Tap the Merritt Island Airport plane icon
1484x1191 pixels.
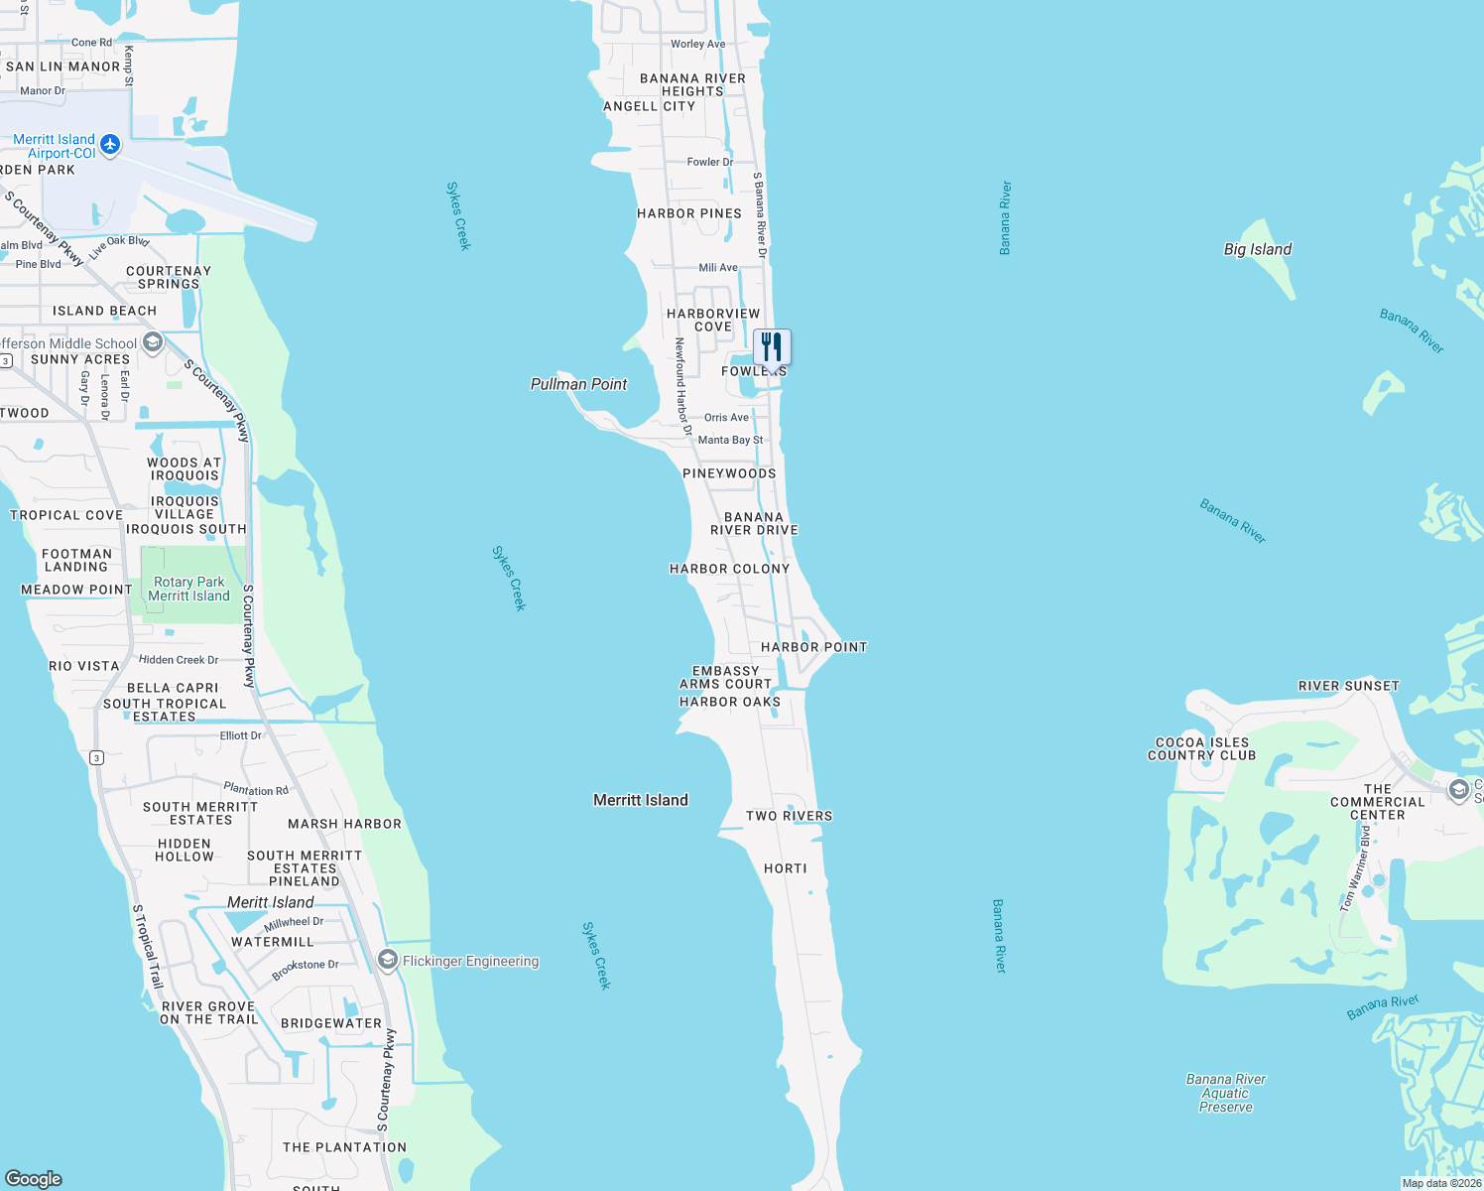110,145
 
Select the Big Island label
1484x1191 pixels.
1258,249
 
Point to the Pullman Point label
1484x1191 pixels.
579,384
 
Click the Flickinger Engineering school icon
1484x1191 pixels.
388,960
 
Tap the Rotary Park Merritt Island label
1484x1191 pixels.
189,589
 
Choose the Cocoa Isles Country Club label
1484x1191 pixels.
1202,749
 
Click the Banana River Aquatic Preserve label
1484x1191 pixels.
1226,1093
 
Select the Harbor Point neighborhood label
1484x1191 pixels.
814,647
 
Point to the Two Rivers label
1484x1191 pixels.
790,816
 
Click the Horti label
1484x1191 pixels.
786,868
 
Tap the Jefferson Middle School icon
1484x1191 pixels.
153,343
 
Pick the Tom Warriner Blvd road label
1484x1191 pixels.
1355,869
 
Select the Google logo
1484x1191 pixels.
34,1178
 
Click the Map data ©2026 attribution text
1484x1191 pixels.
1441,1183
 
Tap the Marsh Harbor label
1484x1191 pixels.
344,824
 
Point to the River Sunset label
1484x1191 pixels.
1349,686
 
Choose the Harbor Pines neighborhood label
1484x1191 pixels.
689,213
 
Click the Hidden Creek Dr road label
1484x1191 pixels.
179,660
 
